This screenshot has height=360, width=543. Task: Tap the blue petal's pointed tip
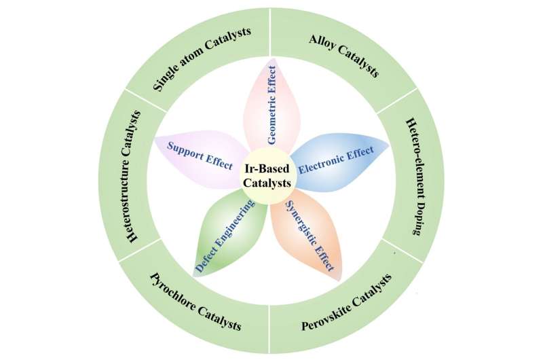click(x=389, y=144)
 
